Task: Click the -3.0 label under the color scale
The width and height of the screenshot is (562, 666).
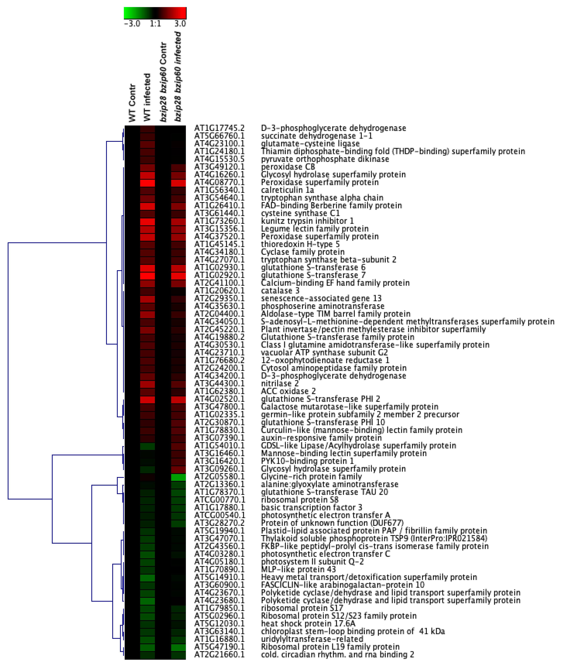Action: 132,24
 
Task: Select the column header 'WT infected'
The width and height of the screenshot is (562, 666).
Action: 147,97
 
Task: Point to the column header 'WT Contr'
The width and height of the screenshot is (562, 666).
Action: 132,103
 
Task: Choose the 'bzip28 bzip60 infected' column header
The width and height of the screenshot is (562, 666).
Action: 178,76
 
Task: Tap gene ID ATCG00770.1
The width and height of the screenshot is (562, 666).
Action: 220,500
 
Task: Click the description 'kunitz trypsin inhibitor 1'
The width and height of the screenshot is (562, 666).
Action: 307,221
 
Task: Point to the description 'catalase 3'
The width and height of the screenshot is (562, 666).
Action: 280,291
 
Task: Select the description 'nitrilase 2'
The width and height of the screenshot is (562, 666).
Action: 280,384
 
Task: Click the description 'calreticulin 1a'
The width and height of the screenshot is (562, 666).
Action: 287,190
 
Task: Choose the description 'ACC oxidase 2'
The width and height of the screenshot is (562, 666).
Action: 288,391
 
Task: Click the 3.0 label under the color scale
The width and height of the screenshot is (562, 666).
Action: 180,24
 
